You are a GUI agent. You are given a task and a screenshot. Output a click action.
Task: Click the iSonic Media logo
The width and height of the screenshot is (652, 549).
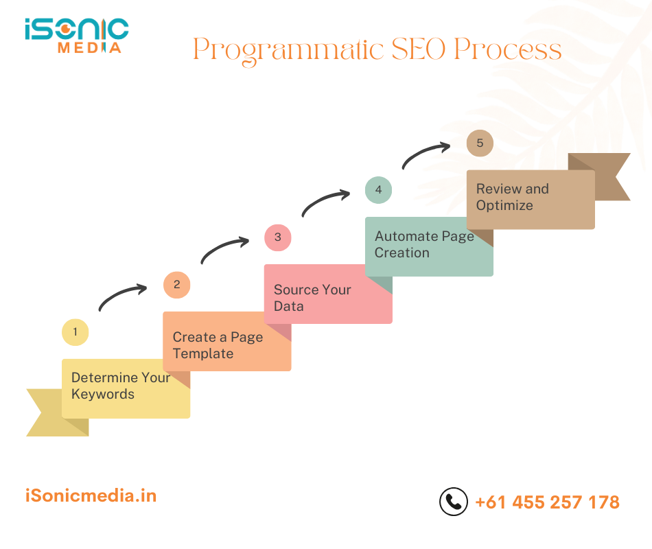(x=76, y=35)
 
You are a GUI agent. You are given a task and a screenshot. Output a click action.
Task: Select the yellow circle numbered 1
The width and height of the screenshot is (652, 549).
(x=75, y=334)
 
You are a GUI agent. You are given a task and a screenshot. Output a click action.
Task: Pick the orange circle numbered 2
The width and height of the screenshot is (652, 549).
(x=176, y=285)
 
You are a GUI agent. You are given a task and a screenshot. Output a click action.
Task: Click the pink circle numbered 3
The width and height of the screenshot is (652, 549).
(x=277, y=237)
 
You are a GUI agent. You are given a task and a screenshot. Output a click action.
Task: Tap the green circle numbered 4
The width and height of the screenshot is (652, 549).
(x=378, y=190)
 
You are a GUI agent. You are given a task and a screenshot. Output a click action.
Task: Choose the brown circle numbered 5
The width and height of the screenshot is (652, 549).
(x=480, y=143)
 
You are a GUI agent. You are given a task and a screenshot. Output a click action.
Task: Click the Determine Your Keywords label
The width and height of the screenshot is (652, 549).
(x=121, y=386)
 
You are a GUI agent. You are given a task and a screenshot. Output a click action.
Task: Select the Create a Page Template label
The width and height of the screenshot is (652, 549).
(x=218, y=345)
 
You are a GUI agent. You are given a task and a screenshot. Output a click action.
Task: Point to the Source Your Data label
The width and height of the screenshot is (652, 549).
(x=312, y=298)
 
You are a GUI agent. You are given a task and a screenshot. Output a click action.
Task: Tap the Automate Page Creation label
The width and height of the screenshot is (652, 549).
(x=424, y=244)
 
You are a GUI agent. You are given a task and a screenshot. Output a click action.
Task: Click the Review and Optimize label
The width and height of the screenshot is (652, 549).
(x=513, y=197)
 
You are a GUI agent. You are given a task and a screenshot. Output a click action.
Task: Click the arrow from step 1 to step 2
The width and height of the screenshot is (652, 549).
(x=123, y=296)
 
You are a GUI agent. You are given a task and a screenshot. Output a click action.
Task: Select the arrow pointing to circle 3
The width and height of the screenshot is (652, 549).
(x=224, y=248)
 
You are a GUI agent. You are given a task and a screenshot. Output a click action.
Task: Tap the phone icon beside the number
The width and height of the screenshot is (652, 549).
(x=453, y=502)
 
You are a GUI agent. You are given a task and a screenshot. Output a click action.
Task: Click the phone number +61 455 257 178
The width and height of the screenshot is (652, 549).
(x=547, y=502)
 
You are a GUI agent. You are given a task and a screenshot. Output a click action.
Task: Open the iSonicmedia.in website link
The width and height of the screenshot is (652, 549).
(x=91, y=495)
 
